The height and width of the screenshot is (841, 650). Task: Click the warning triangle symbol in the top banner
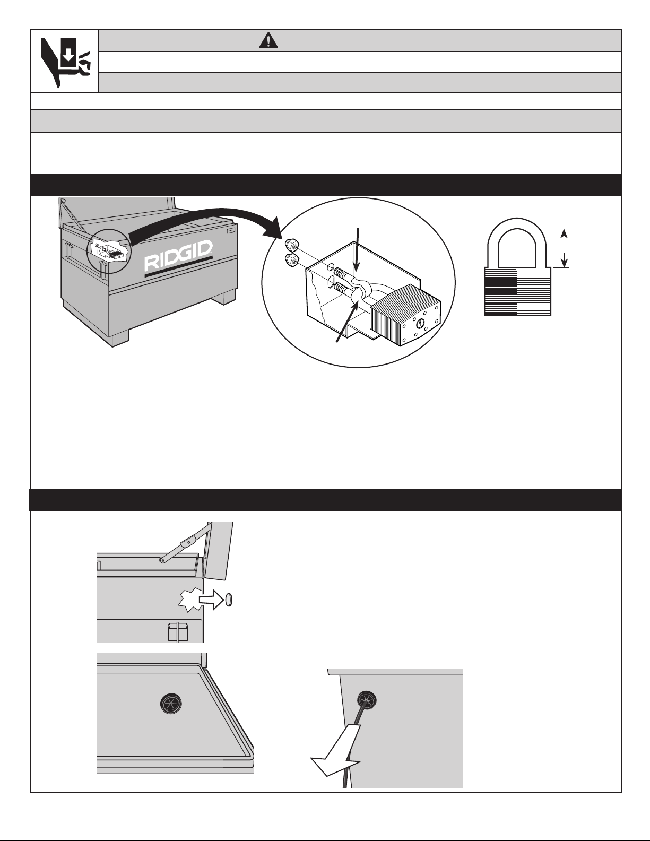tap(271, 41)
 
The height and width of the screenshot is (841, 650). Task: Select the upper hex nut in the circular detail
tap(291, 245)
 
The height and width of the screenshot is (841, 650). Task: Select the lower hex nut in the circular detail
tap(291, 260)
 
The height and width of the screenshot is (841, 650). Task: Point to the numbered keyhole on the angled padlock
tap(420, 322)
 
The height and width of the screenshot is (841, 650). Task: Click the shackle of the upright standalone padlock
tap(517, 241)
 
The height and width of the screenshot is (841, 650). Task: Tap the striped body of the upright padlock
tap(518, 291)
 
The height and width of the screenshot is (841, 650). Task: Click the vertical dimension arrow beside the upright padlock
tap(565, 248)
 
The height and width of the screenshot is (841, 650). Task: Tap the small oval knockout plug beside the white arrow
tap(229, 600)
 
